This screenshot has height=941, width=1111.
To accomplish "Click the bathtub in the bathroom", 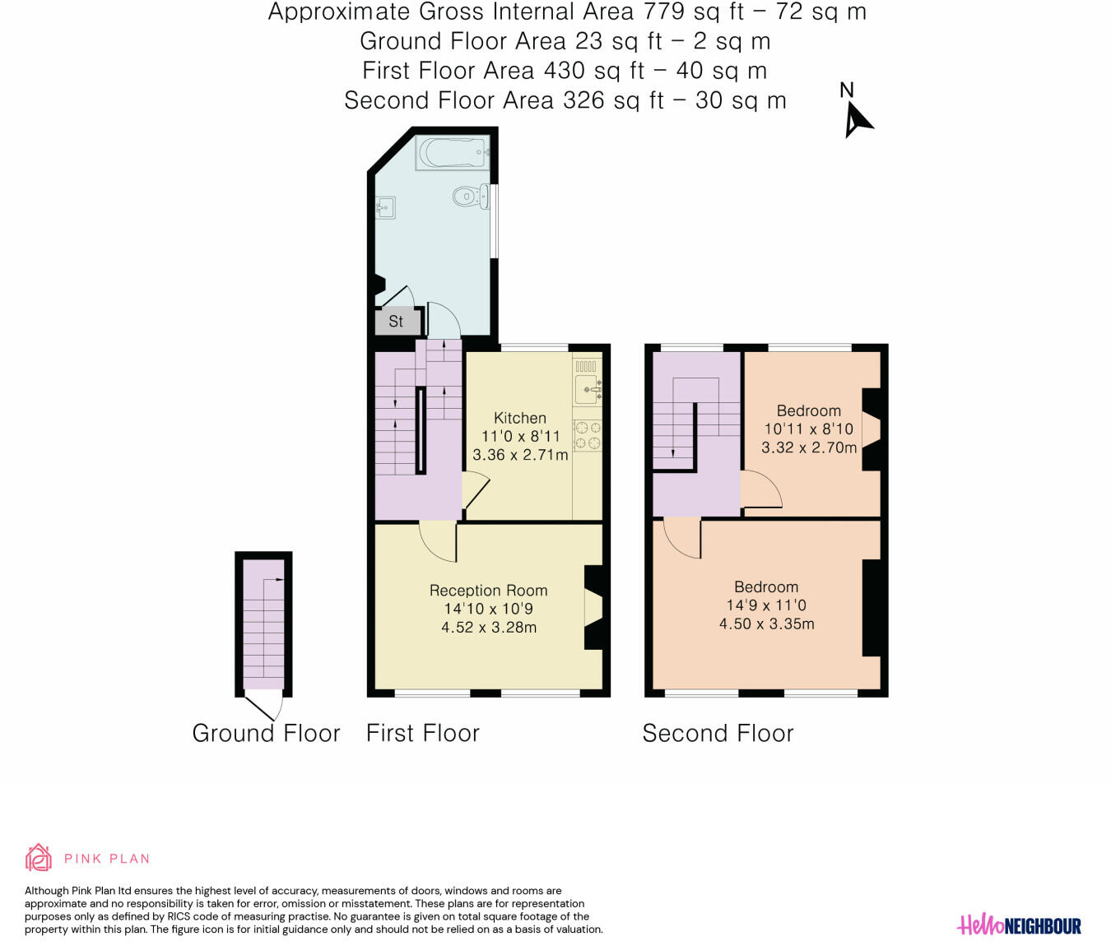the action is coord(453,152).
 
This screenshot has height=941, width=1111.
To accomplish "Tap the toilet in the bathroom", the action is coord(470,197).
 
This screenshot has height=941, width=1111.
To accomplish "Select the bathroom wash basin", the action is coord(385,208).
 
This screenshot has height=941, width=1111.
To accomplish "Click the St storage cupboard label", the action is coord(396,321).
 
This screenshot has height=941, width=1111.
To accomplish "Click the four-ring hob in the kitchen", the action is coord(588,435).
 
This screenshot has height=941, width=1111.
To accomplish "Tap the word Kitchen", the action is coord(520,418).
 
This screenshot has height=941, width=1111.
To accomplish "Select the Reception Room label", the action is coord(488,591).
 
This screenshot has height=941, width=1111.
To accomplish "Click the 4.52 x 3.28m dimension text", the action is coord(489,627).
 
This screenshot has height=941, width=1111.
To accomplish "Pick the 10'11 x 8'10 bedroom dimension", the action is coord(808,429).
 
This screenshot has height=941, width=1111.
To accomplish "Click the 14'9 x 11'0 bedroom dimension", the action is coord(766,605).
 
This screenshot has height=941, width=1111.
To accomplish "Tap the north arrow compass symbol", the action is coord(858,119).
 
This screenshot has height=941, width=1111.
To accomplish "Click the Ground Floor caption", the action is coord(266,733).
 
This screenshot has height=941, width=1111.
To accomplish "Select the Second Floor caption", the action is coord(718,733).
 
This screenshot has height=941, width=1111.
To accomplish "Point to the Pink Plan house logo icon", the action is coord(39,857).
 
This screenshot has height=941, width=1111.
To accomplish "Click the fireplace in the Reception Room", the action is coord(594,608).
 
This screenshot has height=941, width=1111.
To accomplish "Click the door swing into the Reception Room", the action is coord(436,542).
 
